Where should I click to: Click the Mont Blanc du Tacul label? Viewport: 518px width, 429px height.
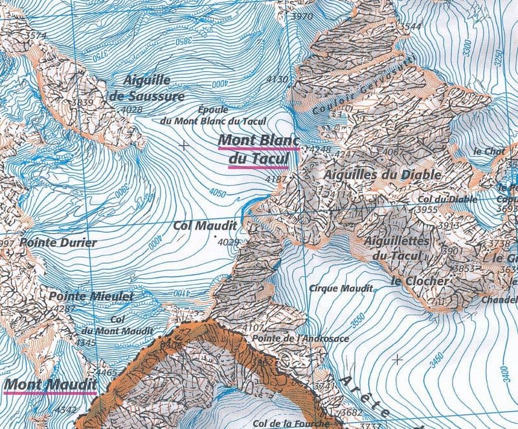pos(258,148)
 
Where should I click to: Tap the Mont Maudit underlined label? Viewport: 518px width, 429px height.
pos(50,385)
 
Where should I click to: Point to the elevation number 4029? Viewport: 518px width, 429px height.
pos(229,242)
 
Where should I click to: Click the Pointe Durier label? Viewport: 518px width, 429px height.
pos(58,242)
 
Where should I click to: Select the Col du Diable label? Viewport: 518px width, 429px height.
pos(447,200)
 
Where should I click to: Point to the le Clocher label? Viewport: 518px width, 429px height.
pos(420,281)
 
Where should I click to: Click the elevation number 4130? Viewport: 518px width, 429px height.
pos(277,79)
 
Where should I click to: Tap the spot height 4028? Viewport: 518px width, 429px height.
pos(131,110)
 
